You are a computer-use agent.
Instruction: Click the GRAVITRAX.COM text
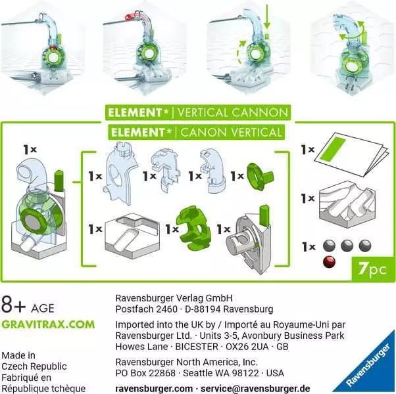(47, 324)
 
